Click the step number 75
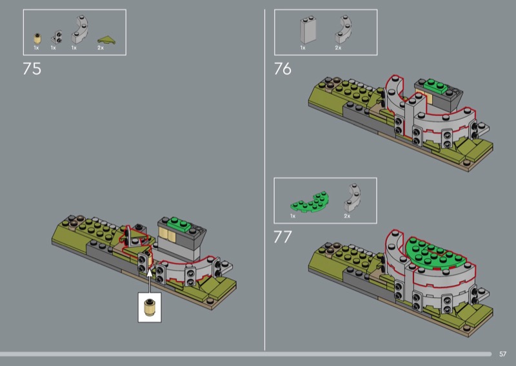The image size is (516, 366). (x=32, y=69)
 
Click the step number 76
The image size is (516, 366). (x=283, y=69)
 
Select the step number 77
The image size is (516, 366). (x=283, y=236)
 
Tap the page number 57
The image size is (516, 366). (x=502, y=354)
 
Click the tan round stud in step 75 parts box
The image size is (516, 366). (x=37, y=39)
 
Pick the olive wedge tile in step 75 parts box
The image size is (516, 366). (x=106, y=40)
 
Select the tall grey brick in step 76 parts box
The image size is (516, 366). (x=308, y=30)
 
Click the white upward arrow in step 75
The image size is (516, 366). (x=150, y=280)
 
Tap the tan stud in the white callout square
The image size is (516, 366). (x=150, y=308)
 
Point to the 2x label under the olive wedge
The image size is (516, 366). (x=101, y=48)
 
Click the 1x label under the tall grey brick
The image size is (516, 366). (x=303, y=48)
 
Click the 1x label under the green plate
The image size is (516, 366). (x=293, y=216)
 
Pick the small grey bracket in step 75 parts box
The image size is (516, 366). (x=57, y=37)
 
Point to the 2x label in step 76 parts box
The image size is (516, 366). (x=338, y=48)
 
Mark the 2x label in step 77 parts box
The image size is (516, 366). (x=347, y=216)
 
